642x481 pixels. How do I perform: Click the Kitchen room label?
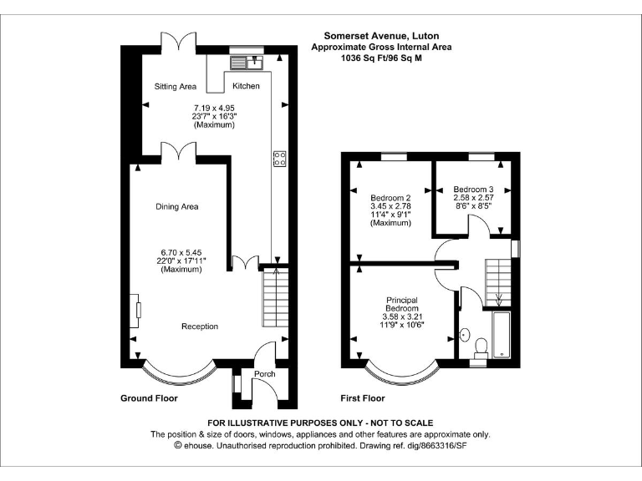(x=246, y=86)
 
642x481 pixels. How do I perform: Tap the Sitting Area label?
(x=176, y=86)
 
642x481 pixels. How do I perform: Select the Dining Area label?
(x=176, y=206)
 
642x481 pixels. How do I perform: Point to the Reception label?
(x=200, y=327)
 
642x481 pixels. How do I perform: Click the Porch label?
(x=265, y=373)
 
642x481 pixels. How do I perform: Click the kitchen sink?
(x=248, y=62)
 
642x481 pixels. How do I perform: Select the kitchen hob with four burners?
(x=278, y=158)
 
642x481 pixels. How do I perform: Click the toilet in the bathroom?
(x=481, y=346)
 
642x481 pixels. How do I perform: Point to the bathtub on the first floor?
(x=501, y=336)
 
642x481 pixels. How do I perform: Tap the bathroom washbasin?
(x=465, y=337)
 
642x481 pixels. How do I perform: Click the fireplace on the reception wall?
(x=135, y=311)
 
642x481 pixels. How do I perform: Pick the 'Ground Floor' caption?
(x=149, y=398)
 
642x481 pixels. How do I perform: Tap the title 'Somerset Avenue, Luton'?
(x=381, y=36)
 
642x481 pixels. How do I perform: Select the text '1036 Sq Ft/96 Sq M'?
(x=381, y=58)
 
